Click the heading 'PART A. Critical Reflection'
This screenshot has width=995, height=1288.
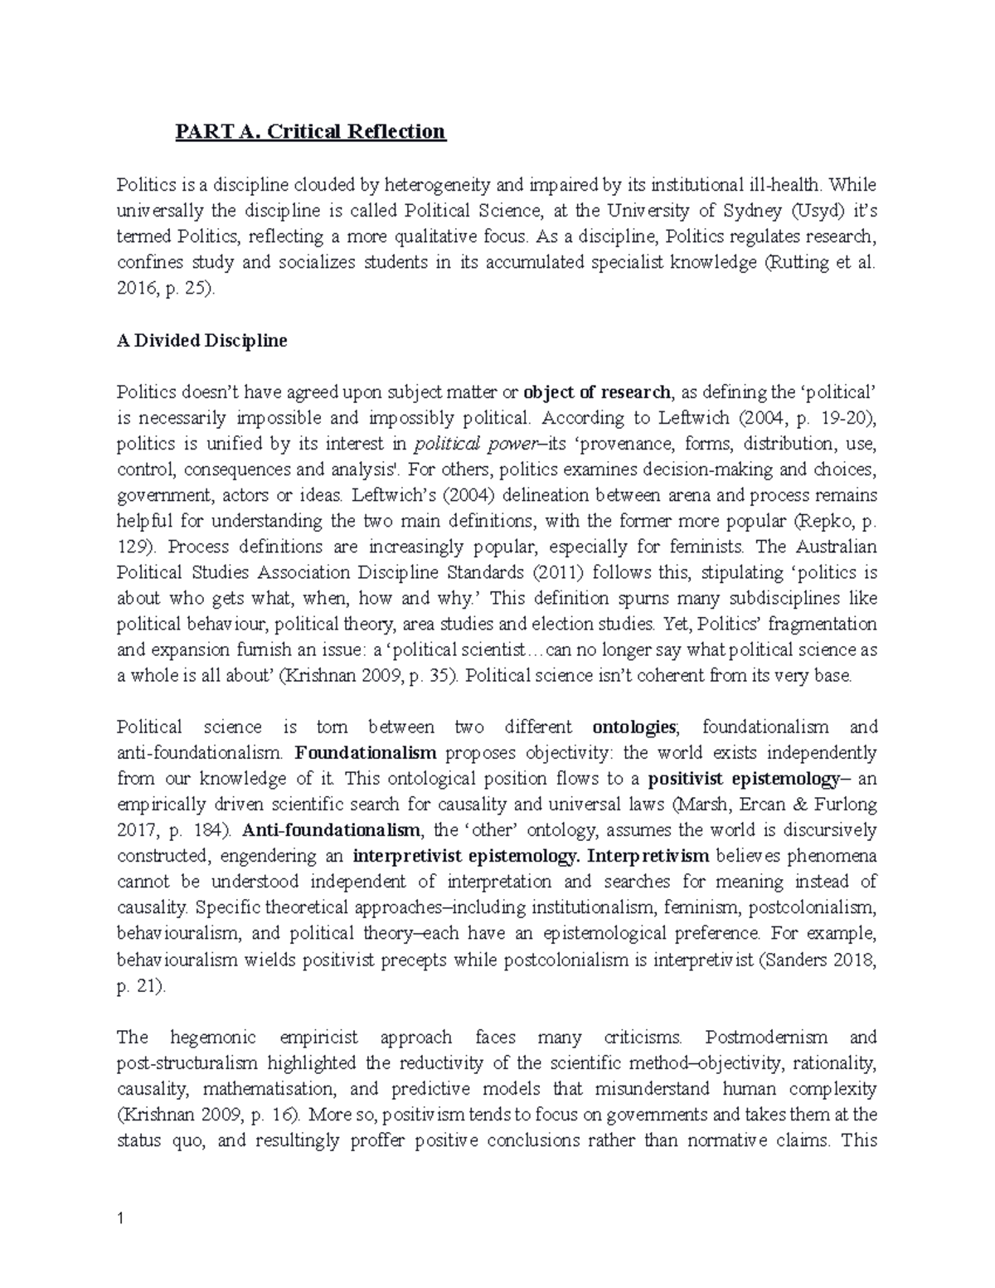[x=310, y=132]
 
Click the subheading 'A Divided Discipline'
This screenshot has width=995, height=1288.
[x=201, y=341]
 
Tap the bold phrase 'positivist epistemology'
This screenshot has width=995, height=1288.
[x=742, y=779]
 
